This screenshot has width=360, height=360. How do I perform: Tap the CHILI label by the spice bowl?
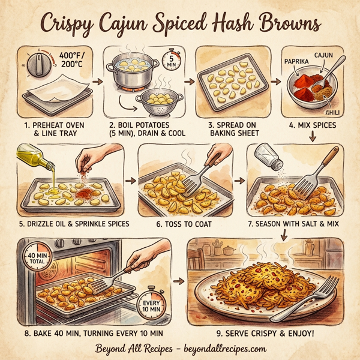(x=331, y=112)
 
